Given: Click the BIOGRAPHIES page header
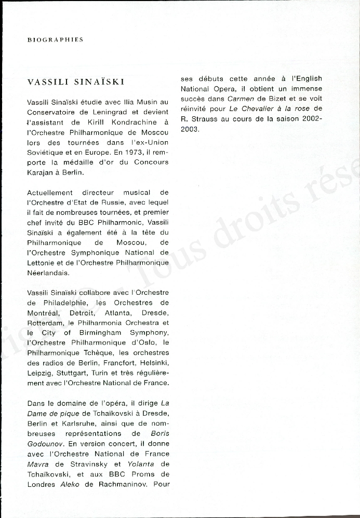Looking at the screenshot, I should point(55,39).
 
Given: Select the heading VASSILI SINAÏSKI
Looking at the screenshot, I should point(75,82).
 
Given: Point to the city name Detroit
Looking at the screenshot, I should point(82,312).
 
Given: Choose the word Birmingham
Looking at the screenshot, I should point(100,333).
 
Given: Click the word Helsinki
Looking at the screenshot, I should point(153,362).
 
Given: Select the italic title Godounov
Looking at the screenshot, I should point(45,444).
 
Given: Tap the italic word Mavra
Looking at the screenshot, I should point(37,464).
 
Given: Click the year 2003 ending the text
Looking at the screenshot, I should point(190,128).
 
